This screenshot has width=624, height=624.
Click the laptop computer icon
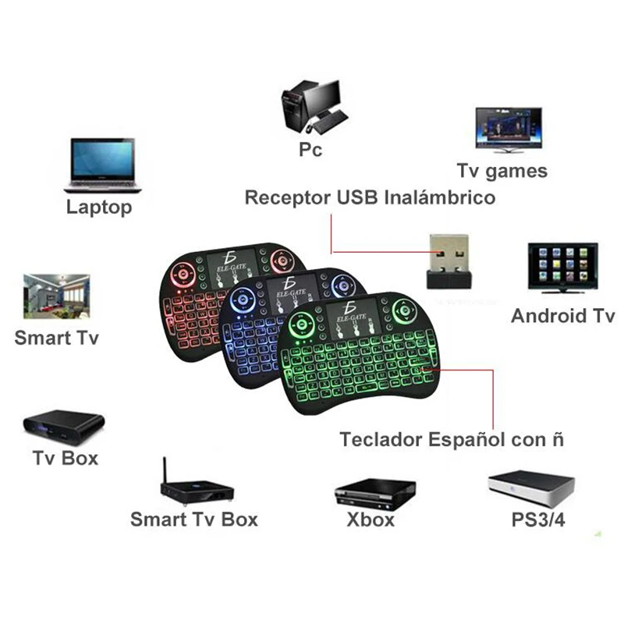(x=103, y=165)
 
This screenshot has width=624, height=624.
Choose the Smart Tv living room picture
(x=56, y=296)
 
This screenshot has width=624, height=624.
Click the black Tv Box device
(x=63, y=424)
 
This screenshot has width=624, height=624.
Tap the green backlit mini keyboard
(x=355, y=355)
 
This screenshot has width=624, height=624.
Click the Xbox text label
(x=370, y=519)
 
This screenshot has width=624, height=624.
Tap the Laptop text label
(x=99, y=207)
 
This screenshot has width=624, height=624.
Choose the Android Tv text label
(x=562, y=316)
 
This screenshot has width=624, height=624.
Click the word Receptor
(x=288, y=197)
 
